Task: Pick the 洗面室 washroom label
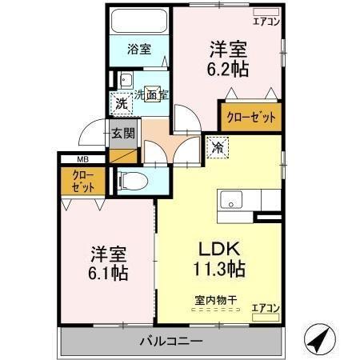[x=150, y=95]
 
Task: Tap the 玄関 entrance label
[x=123, y=134]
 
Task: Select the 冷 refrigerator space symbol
[x=217, y=146]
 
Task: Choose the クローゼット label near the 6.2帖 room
[x=251, y=117]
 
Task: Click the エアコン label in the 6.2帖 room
[x=266, y=22]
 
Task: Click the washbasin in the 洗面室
[x=126, y=80]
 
